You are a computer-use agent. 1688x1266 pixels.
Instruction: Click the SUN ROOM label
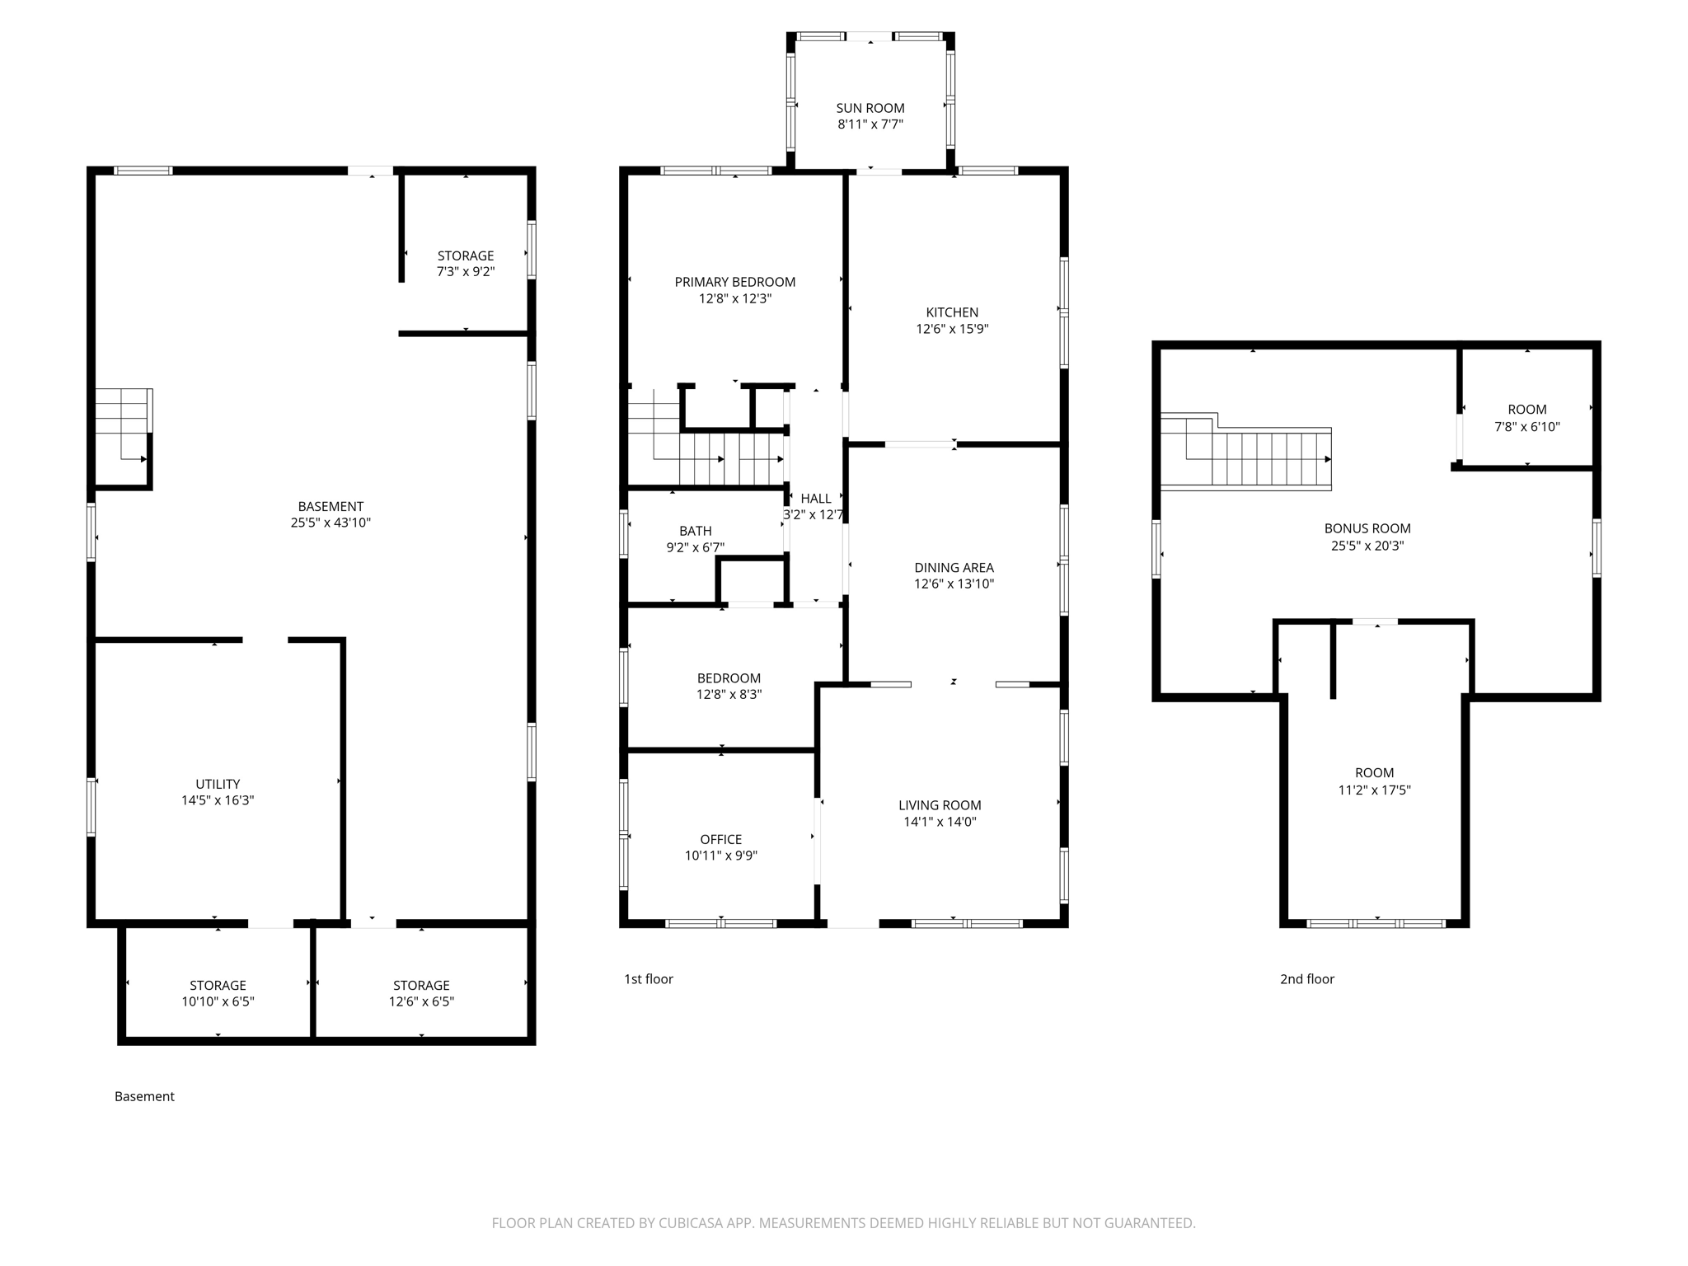pos(870,108)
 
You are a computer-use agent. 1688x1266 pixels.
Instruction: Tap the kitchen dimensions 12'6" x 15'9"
pos(952,329)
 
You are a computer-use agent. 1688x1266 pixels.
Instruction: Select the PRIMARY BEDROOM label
pos(734,282)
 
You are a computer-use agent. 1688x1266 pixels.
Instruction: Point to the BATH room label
pos(695,531)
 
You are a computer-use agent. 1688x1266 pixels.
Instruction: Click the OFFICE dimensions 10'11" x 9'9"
pos(720,856)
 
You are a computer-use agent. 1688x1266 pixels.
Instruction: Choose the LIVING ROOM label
pos(940,805)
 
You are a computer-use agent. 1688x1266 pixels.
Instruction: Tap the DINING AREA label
pos(954,567)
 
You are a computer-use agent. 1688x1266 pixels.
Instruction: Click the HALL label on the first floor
pos(815,499)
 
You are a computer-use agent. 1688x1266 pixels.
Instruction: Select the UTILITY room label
pos(218,784)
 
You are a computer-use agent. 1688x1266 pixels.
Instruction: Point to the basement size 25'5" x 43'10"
pos(331,523)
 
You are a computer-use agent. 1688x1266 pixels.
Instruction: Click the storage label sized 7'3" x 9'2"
pos(465,256)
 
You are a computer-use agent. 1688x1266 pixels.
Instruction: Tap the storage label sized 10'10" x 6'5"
pos(218,985)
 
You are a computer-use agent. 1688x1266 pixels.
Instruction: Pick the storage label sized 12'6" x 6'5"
pos(421,985)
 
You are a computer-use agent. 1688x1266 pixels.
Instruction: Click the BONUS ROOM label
pos(1367,528)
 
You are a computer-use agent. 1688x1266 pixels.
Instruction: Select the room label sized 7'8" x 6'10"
pos(1526,410)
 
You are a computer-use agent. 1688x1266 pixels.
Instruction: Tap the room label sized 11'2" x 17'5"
pos(1374,773)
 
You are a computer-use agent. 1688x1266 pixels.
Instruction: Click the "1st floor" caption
pos(648,979)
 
